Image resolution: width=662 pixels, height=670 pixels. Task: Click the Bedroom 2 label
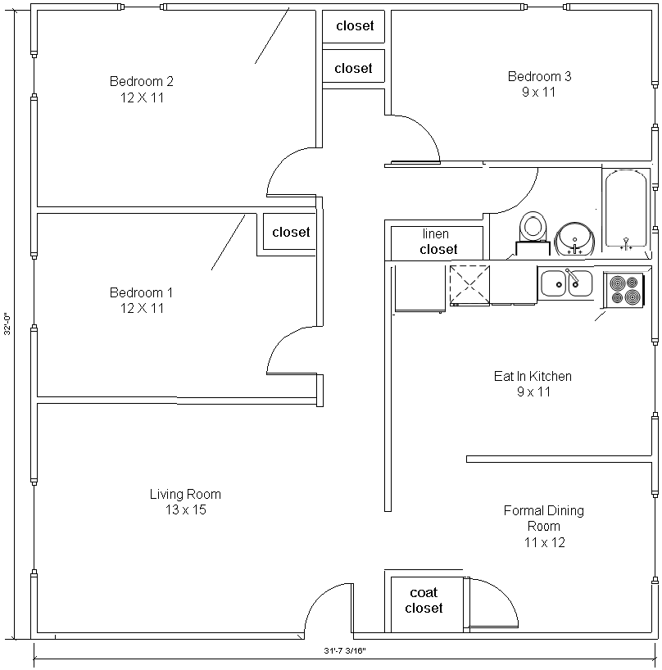pyautogui.click(x=142, y=81)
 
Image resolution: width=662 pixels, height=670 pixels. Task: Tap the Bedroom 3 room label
pyautogui.click(x=539, y=76)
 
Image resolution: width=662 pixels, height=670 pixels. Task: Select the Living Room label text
pyautogui.click(x=185, y=495)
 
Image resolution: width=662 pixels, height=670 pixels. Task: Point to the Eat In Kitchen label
pyautogui.click(x=533, y=376)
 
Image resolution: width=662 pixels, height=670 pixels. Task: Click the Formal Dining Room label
pyautogui.click(x=544, y=518)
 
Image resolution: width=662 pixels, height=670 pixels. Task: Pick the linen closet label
pyautogui.click(x=438, y=242)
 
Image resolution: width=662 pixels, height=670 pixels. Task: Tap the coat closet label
pyautogui.click(x=424, y=600)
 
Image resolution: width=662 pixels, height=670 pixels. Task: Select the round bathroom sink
pyautogui.click(x=575, y=239)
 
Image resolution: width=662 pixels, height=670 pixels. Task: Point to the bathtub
pyautogui.click(x=626, y=210)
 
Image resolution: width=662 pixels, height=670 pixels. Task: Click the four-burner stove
pyautogui.click(x=624, y=290)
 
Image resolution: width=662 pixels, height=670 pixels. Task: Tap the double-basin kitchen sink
pyautogui.click(x=566, y=283)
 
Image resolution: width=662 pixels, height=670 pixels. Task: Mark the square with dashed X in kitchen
pyautogui.click(x=469, y=285)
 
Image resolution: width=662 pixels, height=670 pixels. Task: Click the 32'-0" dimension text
pyautogui.click(x=7, y=324)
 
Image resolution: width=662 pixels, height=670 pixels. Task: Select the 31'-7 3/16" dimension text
pyautogui.click(x=345, y=651)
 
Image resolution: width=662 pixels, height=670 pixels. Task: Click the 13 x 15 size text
pyautogui.click(x=186, y=509)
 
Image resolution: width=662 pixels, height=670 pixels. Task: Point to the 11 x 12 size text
pyautogui.click(x=545, y=543)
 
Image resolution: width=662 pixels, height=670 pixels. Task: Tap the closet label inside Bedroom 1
pyautogui.click(x=291, y=232)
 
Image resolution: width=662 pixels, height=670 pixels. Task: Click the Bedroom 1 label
pyautogui.click(x=141, y=292)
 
